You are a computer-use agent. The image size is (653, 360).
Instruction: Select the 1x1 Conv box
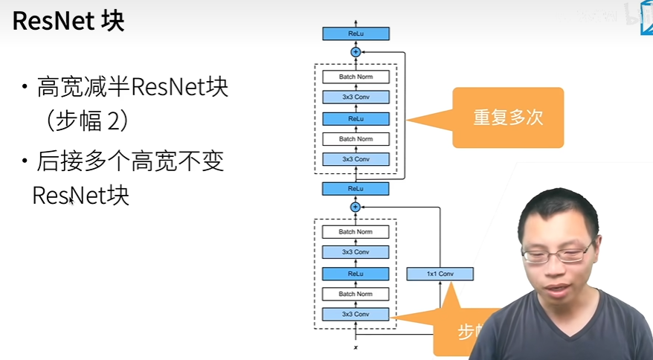coord(440,274)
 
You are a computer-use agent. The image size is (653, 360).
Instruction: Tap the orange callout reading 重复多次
coord(508,117)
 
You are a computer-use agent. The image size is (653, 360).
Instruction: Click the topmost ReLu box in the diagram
coord(356,34)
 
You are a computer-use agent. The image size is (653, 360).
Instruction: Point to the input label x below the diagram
coord(356,347)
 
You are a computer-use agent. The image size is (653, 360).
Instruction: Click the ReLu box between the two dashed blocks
coord(356,189)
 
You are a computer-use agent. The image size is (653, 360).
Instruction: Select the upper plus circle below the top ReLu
coord(356,51)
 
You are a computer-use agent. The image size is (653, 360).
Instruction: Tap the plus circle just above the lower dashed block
coord(356,207)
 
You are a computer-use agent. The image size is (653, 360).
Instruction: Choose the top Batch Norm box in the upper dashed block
coord(356,77)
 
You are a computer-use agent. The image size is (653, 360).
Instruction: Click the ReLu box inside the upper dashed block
coord(356,118)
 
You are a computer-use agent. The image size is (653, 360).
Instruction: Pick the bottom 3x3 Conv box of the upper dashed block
coord(356,159)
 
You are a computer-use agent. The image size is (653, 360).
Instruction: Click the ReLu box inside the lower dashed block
coord(356,274)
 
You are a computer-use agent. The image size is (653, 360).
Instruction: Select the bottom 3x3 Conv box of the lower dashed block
coord(356,315)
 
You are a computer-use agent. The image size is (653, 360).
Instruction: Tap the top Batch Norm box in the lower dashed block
coord(356,232)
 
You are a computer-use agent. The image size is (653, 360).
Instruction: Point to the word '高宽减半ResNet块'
coord(132,89)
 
